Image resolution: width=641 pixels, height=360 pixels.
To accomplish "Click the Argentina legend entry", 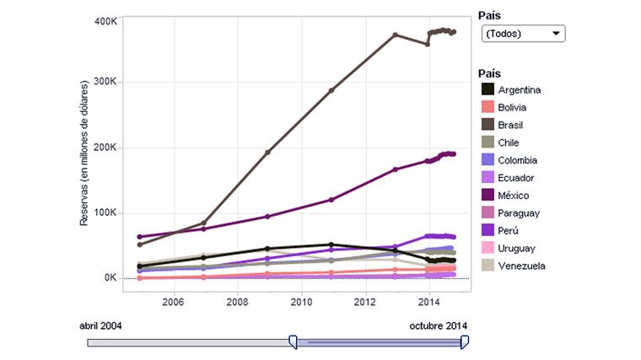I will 519,90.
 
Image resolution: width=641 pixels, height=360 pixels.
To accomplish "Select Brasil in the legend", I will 511,125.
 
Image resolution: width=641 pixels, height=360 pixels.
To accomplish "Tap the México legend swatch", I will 487,196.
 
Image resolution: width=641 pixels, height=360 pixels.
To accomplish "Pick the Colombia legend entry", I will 517,160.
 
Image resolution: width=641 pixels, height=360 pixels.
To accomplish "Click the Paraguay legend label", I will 519,213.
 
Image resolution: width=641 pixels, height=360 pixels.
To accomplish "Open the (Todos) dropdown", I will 522,34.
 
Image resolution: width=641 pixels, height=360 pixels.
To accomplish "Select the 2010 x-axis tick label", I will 301,301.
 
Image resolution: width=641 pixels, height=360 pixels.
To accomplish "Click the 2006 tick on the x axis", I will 173,301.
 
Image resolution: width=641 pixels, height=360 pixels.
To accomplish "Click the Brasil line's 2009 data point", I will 268,153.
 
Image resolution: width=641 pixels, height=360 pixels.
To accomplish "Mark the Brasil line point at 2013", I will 396,35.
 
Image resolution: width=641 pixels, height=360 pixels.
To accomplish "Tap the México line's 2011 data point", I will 331,200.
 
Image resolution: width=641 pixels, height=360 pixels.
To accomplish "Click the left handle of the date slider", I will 293,341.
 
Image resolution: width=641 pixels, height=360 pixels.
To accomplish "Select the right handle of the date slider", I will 464,341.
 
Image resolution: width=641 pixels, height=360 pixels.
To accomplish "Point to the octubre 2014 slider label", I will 439,325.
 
